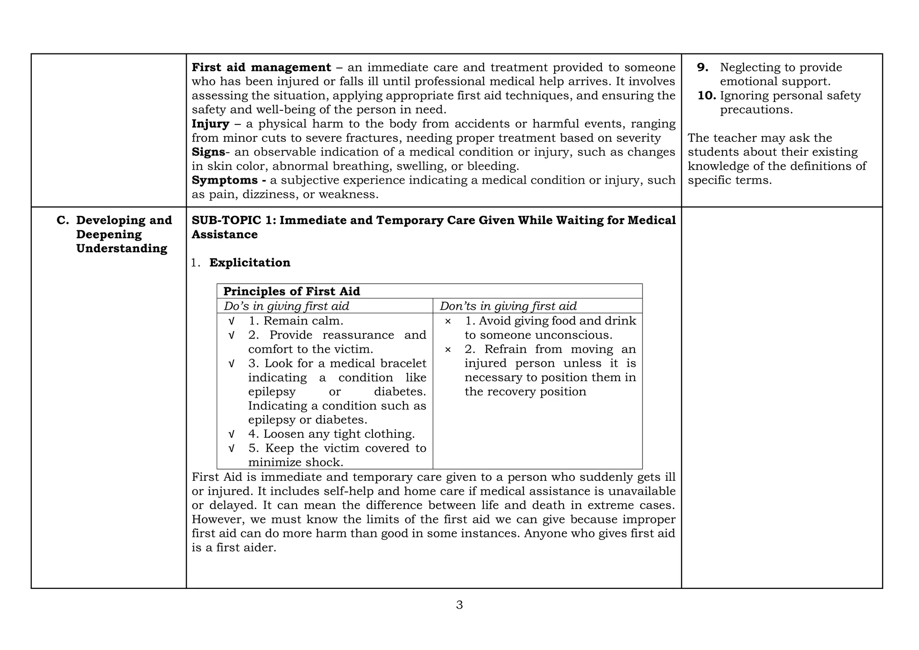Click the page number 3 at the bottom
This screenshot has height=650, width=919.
coord(459,605)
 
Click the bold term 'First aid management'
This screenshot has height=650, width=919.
coord(261,67)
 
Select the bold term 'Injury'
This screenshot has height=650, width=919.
coord(210,124)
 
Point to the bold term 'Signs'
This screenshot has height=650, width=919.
coord(208,152)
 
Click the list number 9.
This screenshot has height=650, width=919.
coord(703,67)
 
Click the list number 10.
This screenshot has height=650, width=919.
coord(706,96)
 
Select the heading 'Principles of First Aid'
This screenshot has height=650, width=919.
coord(292,291)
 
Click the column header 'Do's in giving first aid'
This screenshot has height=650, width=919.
coord(286,306)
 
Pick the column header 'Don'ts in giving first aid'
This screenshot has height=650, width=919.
coord(508,306)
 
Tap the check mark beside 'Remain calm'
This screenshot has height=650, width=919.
coord(232,321)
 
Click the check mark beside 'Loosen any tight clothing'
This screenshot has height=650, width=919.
coord(232,434)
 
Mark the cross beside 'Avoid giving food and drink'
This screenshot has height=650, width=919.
coord(447,321)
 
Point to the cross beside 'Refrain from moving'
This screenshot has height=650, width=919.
coord(447,349)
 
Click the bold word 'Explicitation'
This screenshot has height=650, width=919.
coord(249,263)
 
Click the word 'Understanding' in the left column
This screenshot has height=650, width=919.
coord(122,249)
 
